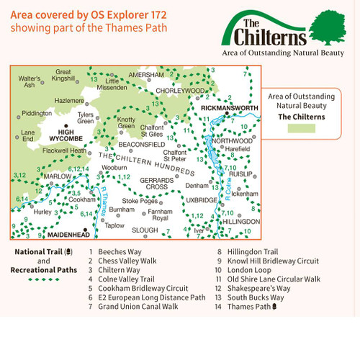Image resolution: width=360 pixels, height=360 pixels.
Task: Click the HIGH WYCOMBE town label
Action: pyautogui.click(x=67, y=136)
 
